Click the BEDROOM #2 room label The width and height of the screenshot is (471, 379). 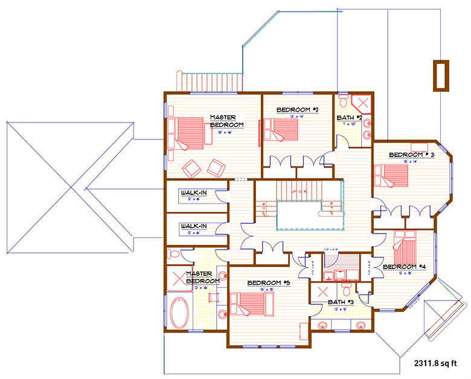pyautogui.click(x=297, y=110)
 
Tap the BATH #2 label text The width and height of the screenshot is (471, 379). pyautogui.click(x=349, y=117)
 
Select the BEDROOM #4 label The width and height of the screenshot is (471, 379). pyautogui.click(x=404, y=266)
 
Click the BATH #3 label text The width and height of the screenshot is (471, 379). pyautogui.click(x=342, y=301)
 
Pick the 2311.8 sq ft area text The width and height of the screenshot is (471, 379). pyautogui.click(x=438, y=364)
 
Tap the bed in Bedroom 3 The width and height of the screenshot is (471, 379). pyautogui.click(x=392, y=176)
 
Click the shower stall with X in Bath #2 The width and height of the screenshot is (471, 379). pyautogui.click(x=360, y=103)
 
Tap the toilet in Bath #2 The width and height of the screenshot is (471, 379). pyautogui.click(x=342, y=100)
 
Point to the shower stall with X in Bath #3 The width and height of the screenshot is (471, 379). pyautogui.click(x=321, y=291)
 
